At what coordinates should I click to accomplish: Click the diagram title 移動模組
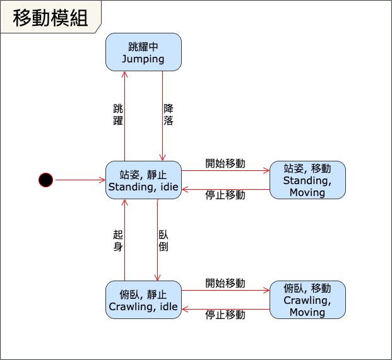(x=50, y=18)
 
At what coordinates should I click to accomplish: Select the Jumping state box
(x=143, y=52)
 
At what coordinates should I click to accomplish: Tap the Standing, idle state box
(x=143, y=180)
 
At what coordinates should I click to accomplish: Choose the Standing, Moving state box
(x=307, y=180)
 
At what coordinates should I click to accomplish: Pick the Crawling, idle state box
(x=143, y=300)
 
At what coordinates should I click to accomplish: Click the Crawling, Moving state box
(x=307, y=300)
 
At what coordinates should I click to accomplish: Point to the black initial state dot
(x=45, y=180)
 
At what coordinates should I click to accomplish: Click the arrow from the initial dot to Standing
(x=80, y=180)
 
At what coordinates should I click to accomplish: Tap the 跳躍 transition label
(x=117, y=115)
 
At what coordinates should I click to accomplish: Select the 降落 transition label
(x=168, y=115)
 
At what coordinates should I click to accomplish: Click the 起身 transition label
(x=117, y=240)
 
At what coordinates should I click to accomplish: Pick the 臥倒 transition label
(x=163, y=240)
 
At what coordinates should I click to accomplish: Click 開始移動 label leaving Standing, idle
(x=225, y=163)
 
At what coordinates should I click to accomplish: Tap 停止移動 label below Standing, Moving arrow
(x=225, y=195)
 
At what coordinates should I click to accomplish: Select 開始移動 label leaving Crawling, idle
(x=225, y=283)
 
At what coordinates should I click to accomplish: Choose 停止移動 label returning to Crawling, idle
(x=225, y=315)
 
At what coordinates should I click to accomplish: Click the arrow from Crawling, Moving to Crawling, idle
(x=225, y=309)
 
